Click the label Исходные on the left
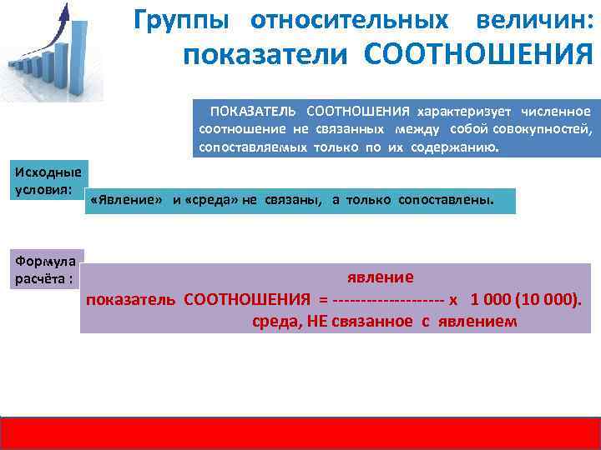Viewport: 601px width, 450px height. click(48, 172)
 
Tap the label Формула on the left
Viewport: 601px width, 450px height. click(44, 262)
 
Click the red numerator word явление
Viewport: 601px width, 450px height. click(380, 277)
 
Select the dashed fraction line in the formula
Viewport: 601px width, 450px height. click(387, 299)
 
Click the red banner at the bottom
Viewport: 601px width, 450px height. click(300, 432)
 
